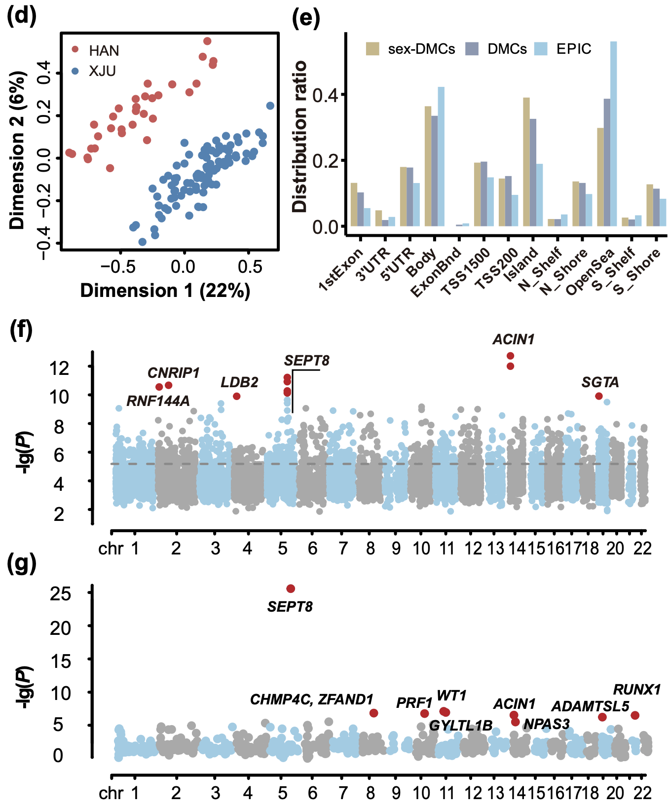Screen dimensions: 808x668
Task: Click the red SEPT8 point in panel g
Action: point(291,588)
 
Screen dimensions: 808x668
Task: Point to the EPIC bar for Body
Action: point(441,156)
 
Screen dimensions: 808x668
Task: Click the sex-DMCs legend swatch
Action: point(372,49)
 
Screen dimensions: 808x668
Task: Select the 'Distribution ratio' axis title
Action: point(299,137)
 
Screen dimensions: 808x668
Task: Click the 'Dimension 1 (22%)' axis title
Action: point(165,291)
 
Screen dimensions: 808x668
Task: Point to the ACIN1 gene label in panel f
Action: point(513,339)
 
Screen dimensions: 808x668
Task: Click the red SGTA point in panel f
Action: point(599,396)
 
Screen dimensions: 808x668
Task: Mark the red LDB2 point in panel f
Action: point(237,396)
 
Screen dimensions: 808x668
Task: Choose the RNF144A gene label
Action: point(158,401)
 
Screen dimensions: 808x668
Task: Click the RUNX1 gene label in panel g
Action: point(636,690)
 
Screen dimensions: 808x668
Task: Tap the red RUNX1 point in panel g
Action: point(635,715)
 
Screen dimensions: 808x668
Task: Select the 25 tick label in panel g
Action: point(60,593)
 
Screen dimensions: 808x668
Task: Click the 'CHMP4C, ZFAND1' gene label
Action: point(311,699)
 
